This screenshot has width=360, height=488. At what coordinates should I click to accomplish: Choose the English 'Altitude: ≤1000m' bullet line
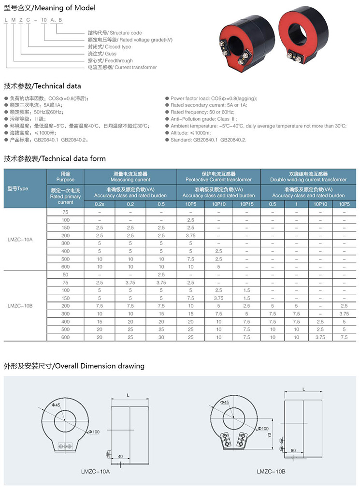191,133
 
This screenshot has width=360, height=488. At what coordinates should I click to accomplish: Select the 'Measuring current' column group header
130,176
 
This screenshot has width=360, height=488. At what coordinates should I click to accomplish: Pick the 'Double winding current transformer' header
308,176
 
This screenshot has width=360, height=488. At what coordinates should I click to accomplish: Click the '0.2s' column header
99,204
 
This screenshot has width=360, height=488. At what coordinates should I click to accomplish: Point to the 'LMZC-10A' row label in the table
20,240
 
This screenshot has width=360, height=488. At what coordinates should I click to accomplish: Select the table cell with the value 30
161,337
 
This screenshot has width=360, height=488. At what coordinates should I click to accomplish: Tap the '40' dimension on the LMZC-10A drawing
120,455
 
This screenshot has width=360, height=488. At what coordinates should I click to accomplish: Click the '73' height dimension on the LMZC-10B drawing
270,435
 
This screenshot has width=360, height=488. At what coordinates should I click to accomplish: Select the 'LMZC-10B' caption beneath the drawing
271,471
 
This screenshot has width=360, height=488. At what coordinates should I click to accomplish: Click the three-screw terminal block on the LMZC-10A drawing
64,446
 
